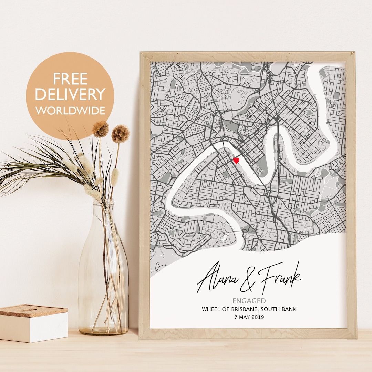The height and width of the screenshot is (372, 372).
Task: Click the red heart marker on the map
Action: click(x=236, y=160)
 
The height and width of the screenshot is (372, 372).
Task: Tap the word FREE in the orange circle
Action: click(x=70, y=79)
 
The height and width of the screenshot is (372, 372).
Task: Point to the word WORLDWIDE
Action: click(x=70, y=111)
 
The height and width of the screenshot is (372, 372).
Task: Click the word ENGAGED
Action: click(x=249, y=301)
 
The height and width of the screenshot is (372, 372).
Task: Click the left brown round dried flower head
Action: click(x=101, y=129)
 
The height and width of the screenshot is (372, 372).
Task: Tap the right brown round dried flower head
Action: click(x=121, y=134)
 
